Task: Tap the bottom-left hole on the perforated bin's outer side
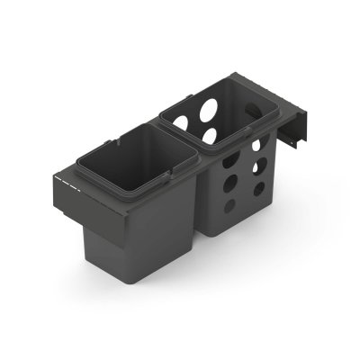click(x=229, y=204)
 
